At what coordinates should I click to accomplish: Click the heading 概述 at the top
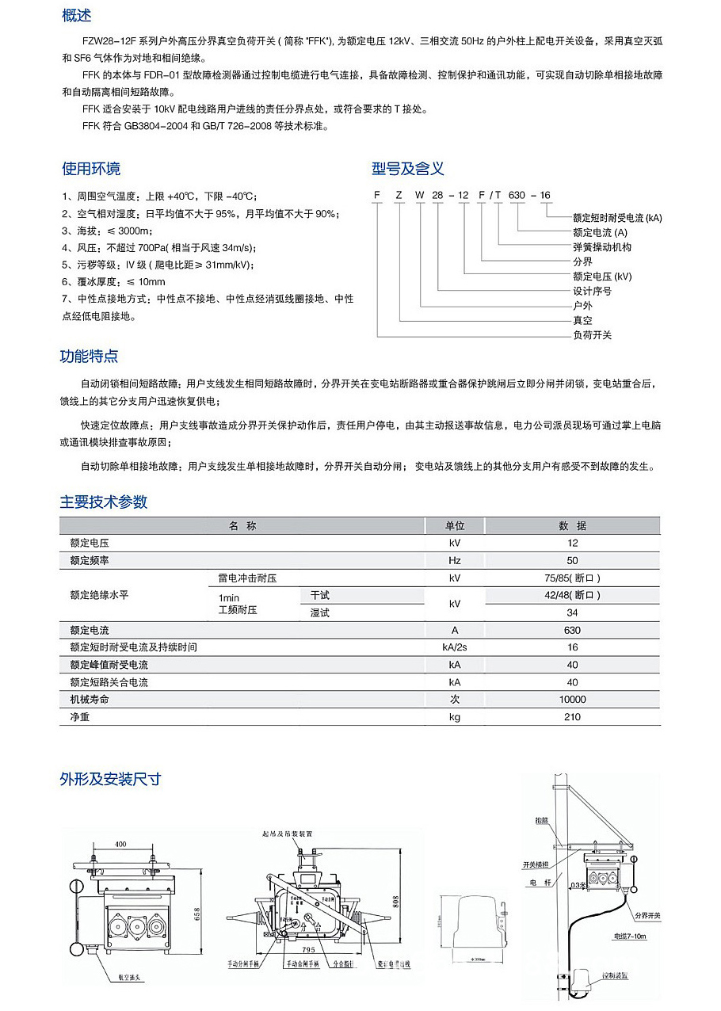pos(76,16)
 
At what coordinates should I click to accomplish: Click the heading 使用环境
pos(91,169)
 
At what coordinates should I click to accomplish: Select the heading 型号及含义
pos(408,169)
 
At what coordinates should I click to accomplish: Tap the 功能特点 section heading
pos(90,357)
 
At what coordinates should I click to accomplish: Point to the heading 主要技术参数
pos(104,502)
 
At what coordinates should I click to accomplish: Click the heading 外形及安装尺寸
pos(110,779)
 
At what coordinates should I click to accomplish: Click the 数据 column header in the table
pos(573,526)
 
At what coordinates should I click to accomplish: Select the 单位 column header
pos(455,526)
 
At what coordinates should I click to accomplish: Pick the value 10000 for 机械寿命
pos(573,700)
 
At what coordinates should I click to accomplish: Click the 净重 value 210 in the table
pos(573,717)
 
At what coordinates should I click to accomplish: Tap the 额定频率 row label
pos(89,560)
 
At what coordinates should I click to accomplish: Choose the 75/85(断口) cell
pos(573,578)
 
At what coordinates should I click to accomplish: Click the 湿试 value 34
pos(573,612)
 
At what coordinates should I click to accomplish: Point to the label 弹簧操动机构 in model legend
pos(602,247)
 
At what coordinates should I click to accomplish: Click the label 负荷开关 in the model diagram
pos(593,335)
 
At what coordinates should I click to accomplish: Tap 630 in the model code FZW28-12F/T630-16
pos(517,195)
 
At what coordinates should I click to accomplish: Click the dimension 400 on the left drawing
pos(120,845)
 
